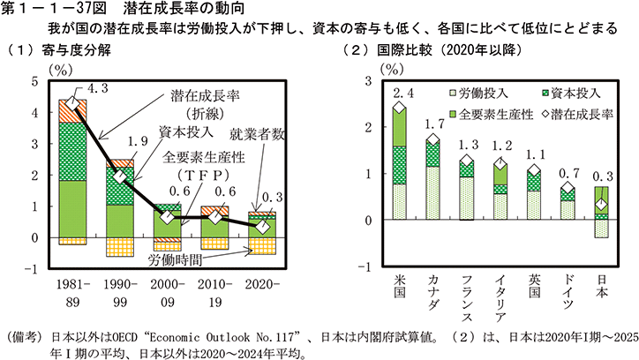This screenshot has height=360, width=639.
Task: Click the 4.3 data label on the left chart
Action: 98,87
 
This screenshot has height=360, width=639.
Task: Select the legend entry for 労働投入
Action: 477,91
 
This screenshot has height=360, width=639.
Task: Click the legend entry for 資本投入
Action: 568,91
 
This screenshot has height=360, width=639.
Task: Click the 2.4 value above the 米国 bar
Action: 401,93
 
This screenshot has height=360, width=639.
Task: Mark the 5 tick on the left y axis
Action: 35,82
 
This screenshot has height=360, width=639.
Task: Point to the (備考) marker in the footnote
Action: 26,336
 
